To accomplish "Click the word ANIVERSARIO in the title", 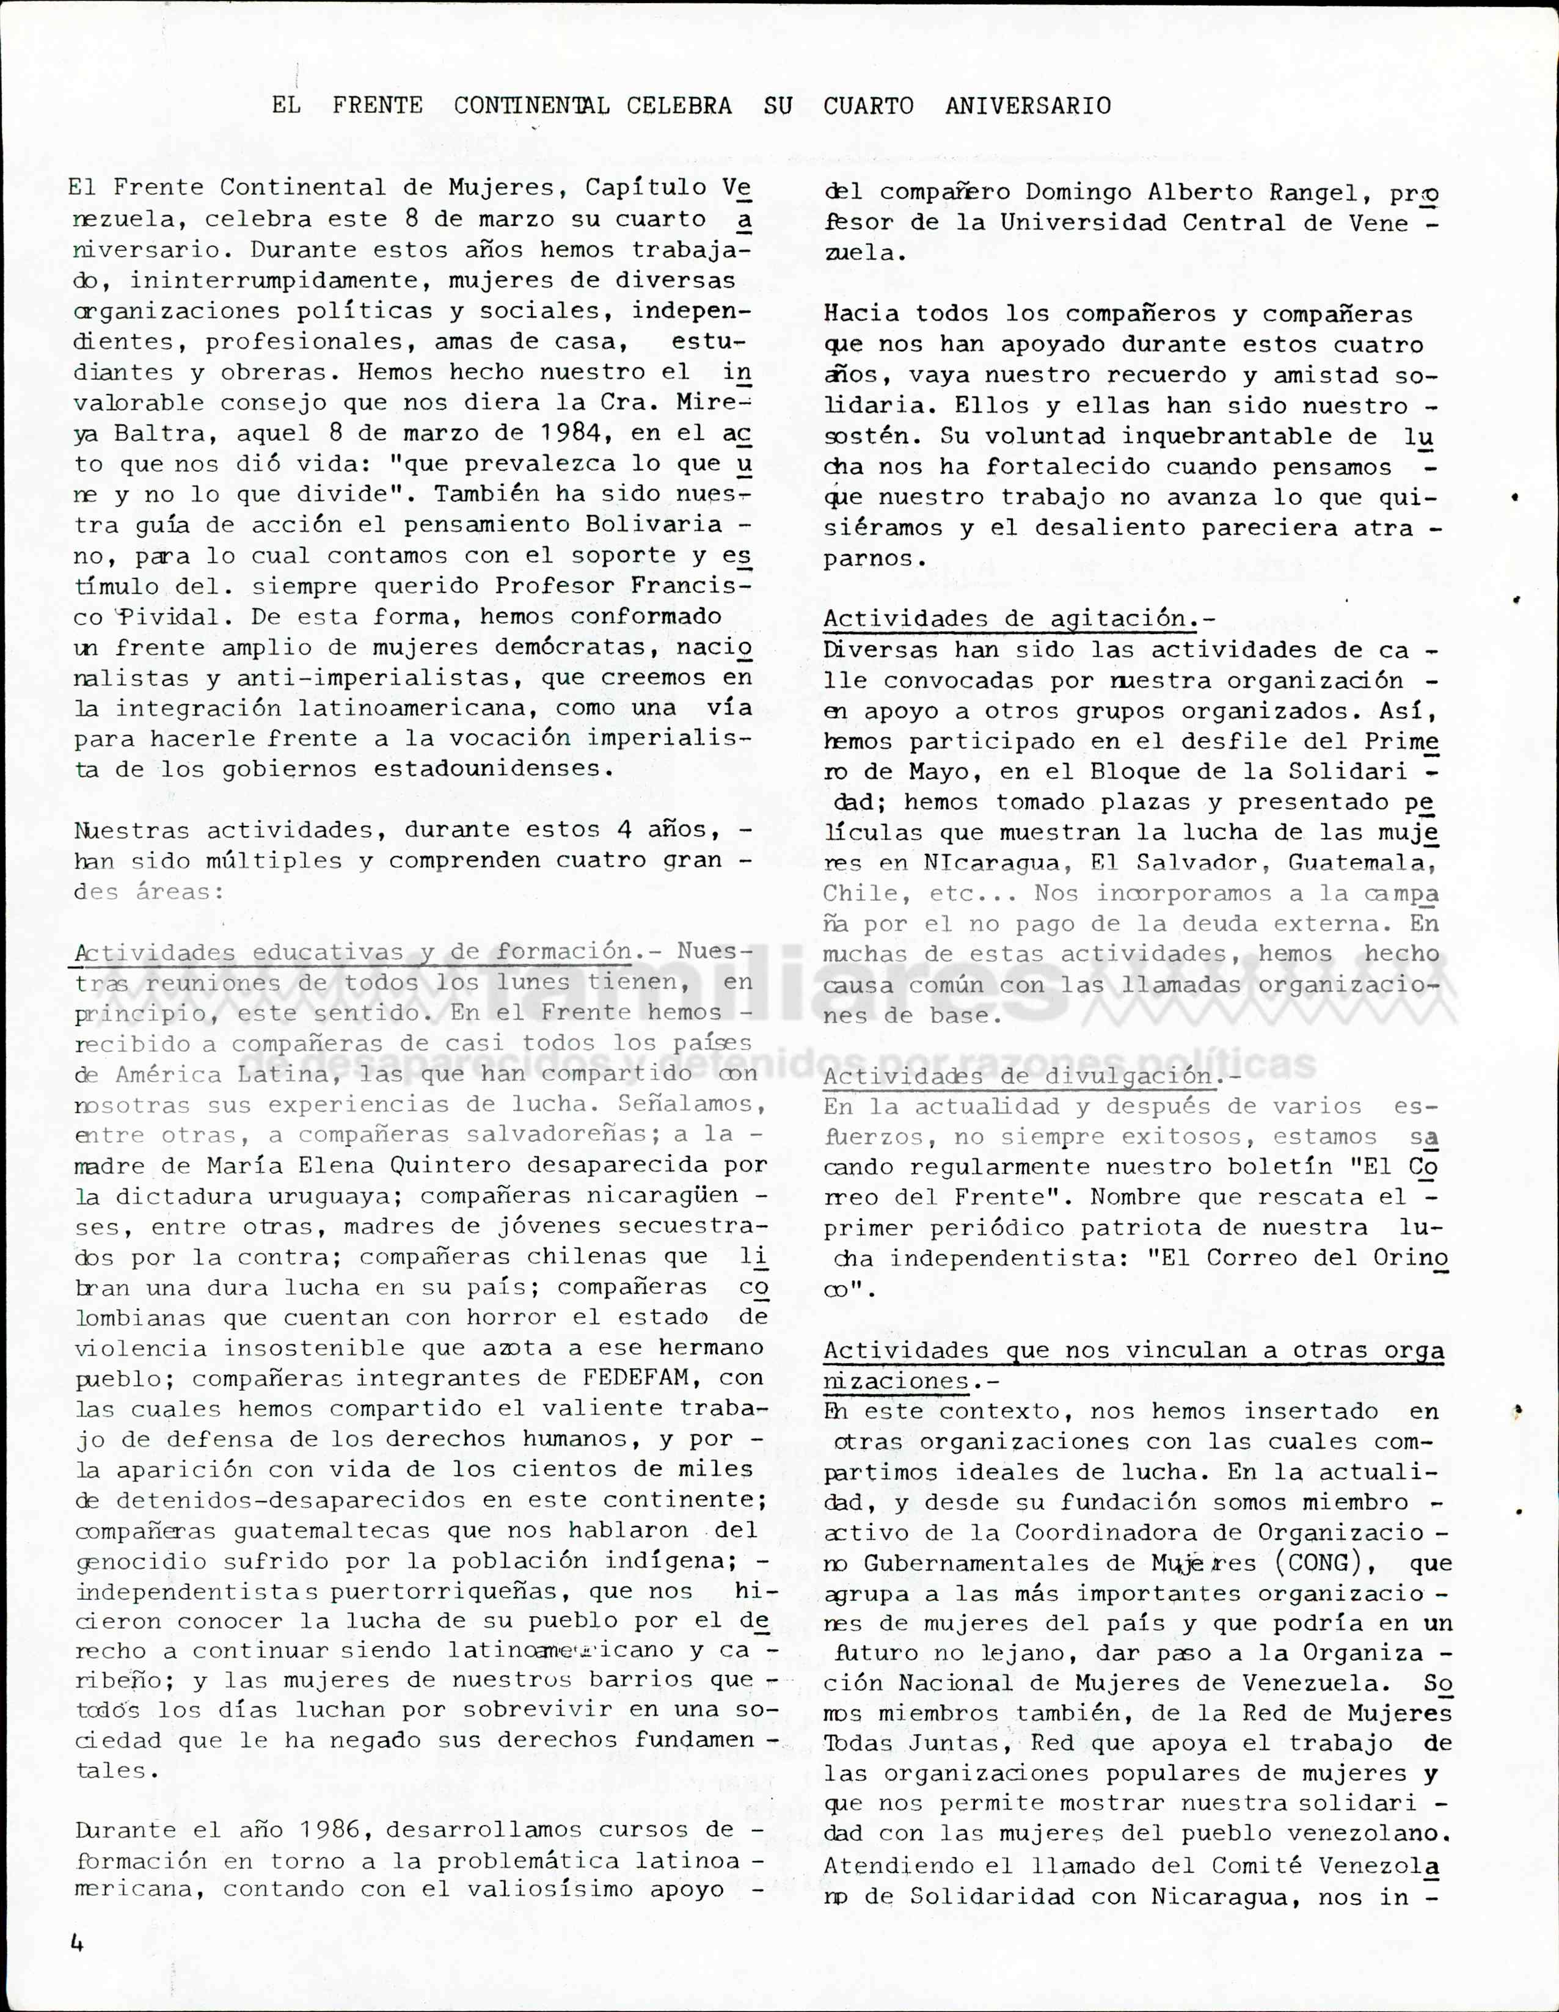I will pyautogui.click(x=1028, y=106).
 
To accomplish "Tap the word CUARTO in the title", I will pyautogui.click(x=868, y=106).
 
